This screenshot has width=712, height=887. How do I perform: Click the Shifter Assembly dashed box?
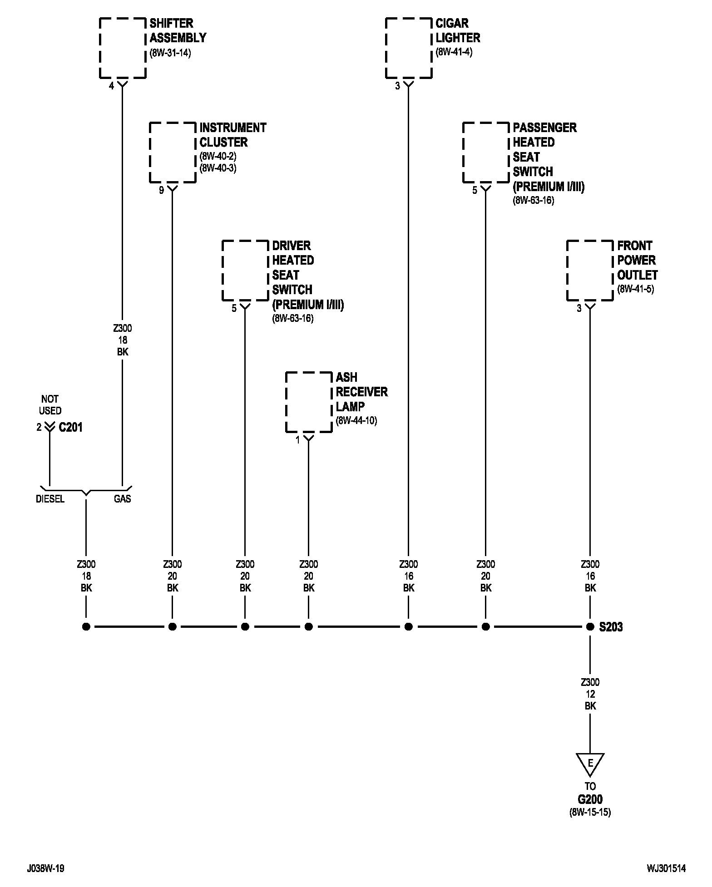coord(100,48)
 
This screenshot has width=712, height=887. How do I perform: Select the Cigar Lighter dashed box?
coord(386,48)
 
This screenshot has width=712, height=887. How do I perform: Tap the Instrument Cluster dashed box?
coord(150,153)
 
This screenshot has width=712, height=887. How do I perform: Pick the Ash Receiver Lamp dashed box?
coord(286,402)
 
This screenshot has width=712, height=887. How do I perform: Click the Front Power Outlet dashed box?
coord(568,271)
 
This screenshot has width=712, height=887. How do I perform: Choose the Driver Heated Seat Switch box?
coord(222,271)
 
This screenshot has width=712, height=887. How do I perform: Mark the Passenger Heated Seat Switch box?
coord(463,153)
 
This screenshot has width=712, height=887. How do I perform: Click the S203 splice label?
coord(611,627)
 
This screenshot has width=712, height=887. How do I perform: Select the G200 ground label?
coord(590,799)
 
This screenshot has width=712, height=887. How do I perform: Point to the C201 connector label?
coord(71,427)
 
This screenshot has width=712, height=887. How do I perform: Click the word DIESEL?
coord(50,499)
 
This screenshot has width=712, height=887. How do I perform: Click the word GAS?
coord(123,499)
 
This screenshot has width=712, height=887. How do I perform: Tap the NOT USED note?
coord(50,405)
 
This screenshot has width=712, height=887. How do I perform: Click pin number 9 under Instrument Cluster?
coord(161,190)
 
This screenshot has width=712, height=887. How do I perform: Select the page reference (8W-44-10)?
coord(356,421)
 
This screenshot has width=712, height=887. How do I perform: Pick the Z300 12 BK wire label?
coord(590,694)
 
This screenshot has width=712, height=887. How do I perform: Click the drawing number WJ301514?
coord(667,868)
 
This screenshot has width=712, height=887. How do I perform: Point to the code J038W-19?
coord(45,868)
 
